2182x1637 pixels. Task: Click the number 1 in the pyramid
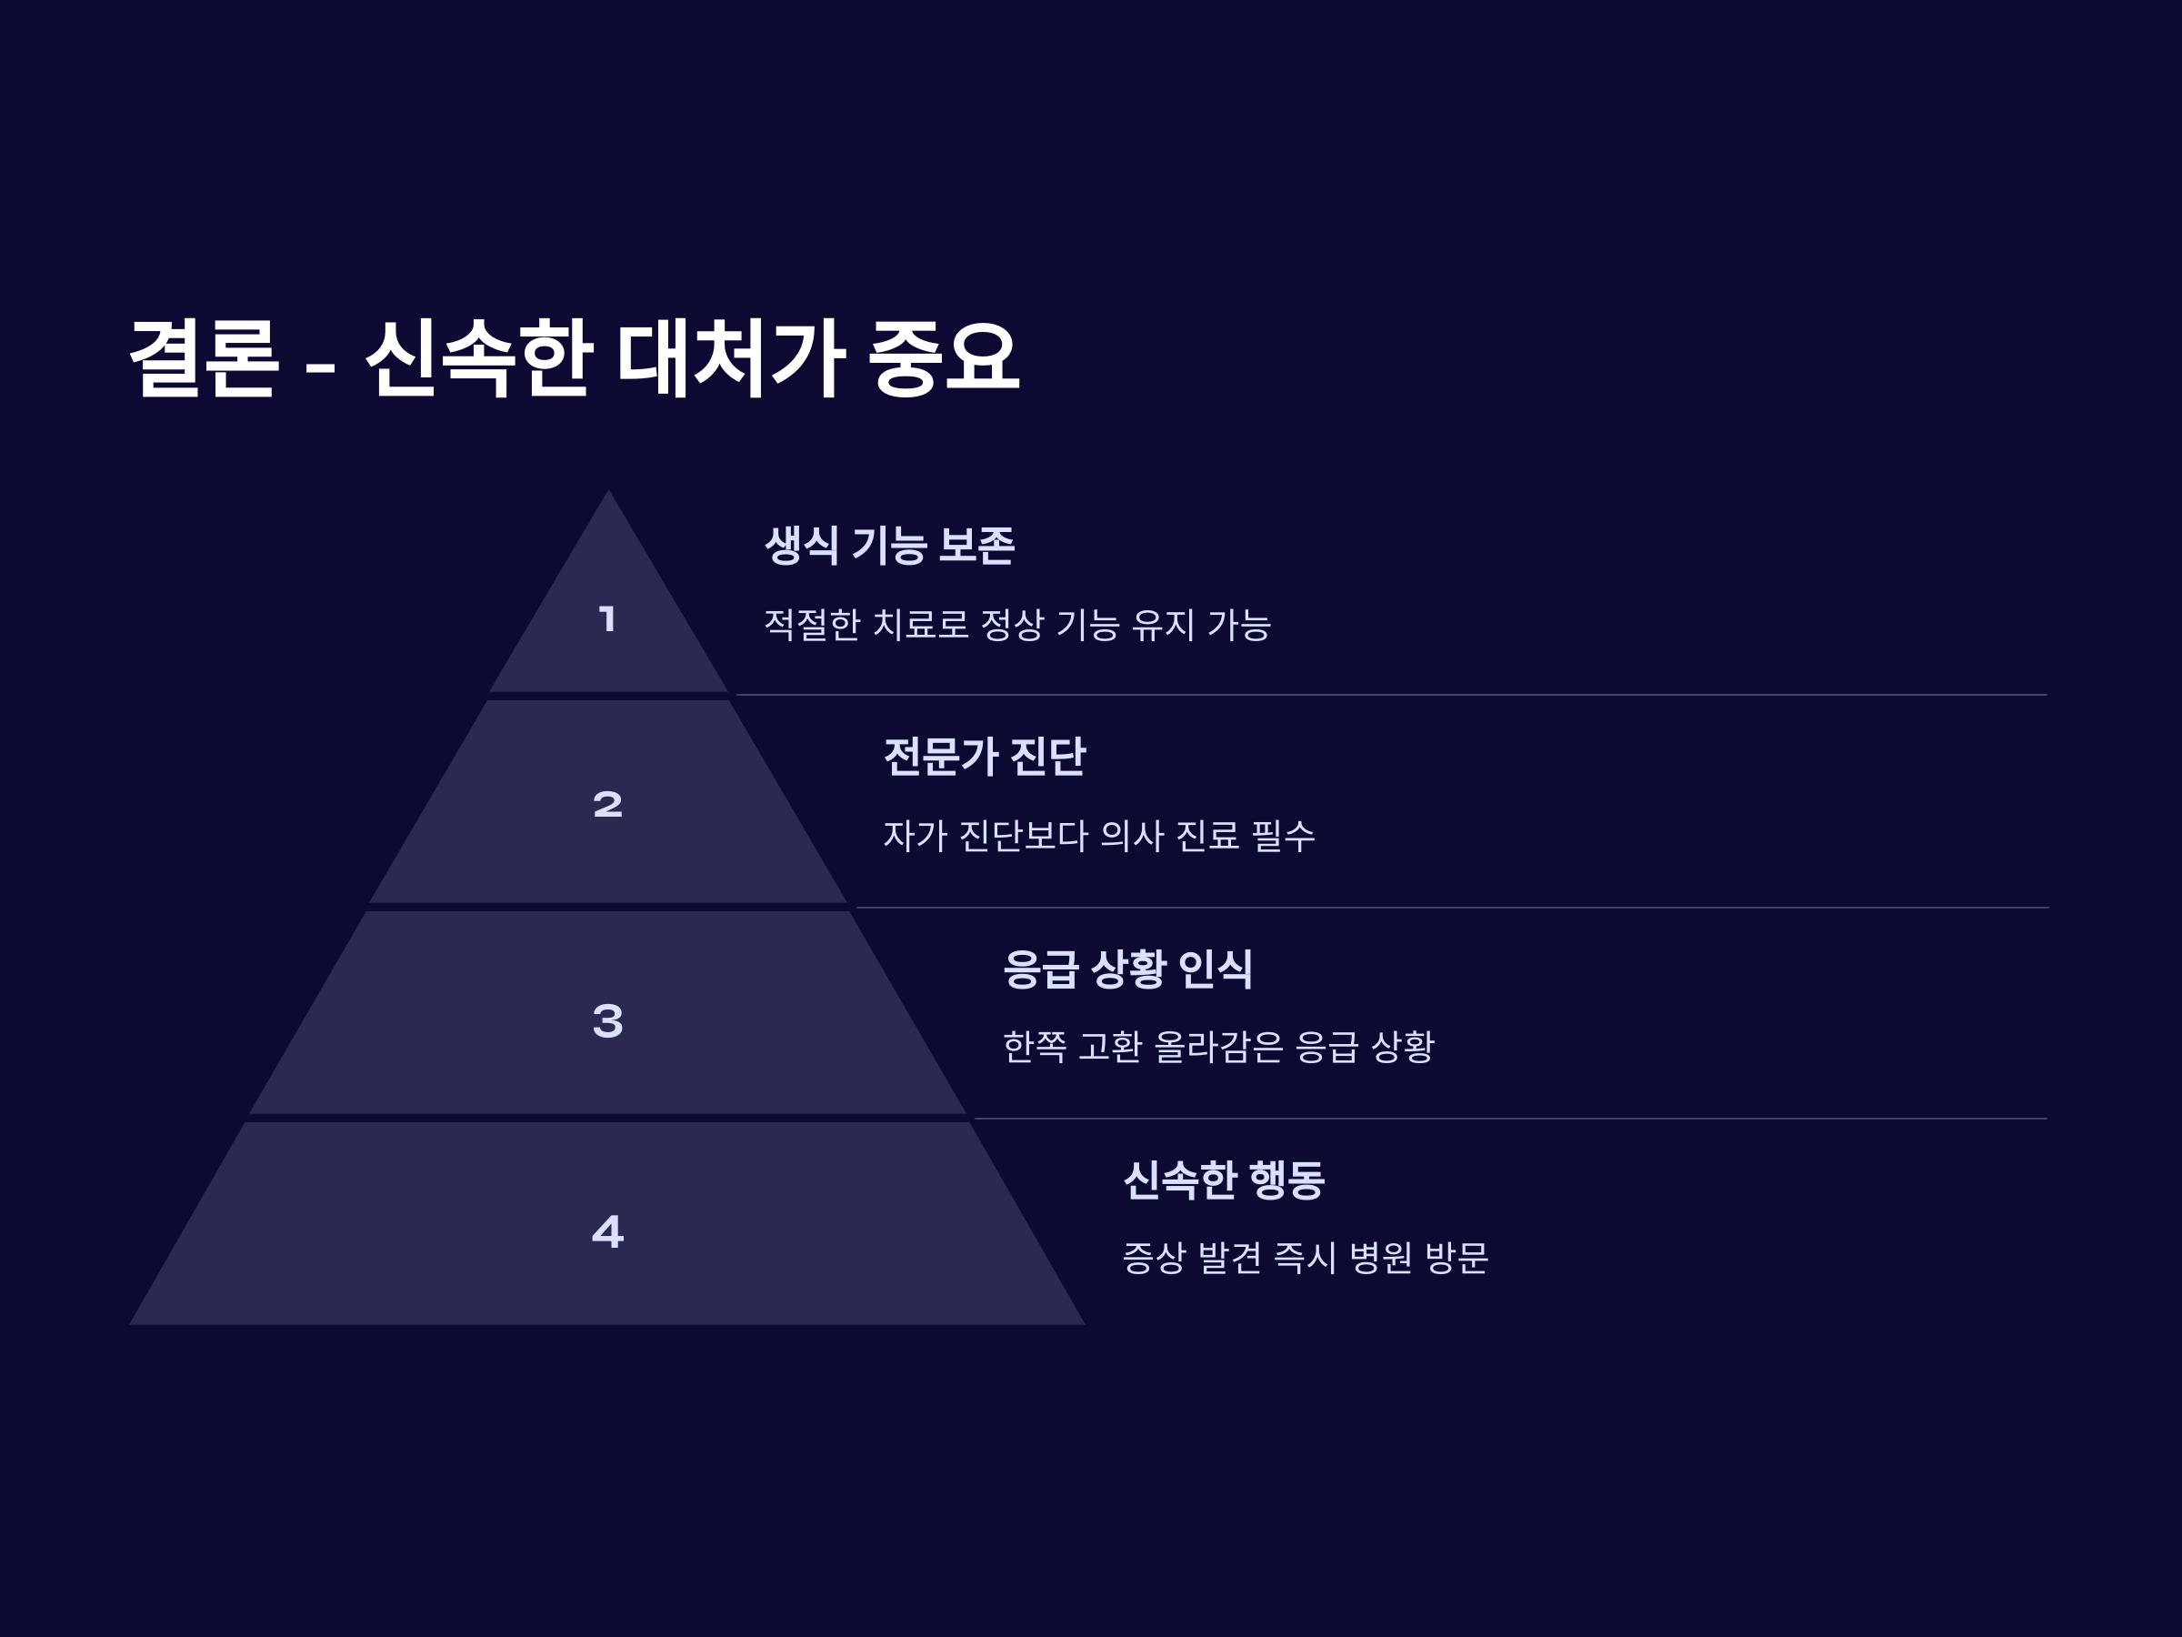(607, 619)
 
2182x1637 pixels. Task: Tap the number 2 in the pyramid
(607, 804)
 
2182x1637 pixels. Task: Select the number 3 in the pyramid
(607, 1020)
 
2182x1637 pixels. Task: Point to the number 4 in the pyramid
(607, 1231)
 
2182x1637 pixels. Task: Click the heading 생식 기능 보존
(889, 545)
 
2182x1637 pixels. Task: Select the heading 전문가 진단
(984, 757)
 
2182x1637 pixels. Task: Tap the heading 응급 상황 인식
(1127, 968)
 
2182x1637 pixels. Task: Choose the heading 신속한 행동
(1223, 1180)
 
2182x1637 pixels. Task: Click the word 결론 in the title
(205, 357)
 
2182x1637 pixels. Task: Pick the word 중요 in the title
(943, 357)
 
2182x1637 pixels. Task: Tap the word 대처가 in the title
(730, 357)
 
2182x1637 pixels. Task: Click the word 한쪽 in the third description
(1034, 1047)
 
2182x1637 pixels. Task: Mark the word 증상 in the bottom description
(1153, 1258)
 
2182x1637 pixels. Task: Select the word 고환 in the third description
(1110, 1047)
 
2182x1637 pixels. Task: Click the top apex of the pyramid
(607, 492)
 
